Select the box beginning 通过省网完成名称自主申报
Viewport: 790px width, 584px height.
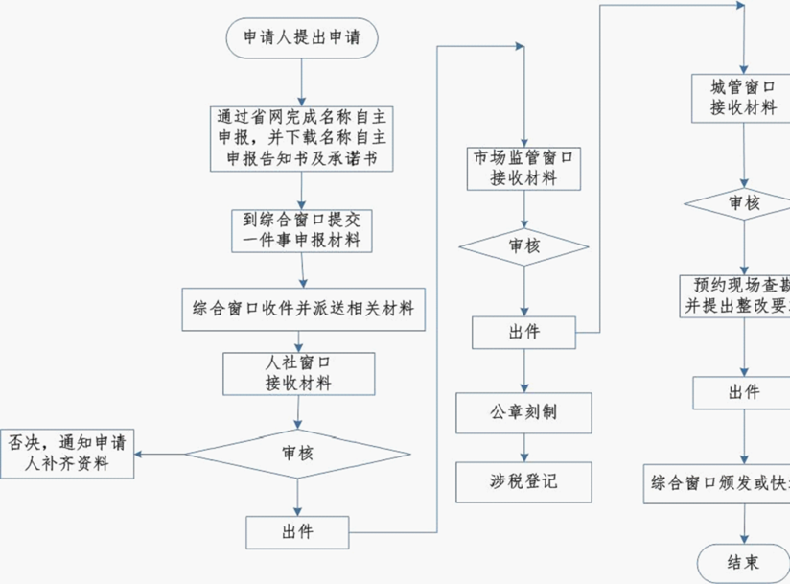pyautogui.click(x=302, y=138)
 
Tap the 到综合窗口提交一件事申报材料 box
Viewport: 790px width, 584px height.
pyautogui.click(x=302, y=230)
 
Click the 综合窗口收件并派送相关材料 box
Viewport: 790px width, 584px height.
pyautogui.click(x=302, y=309)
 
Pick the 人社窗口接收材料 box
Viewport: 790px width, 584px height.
pyautogui.click(x=298, y=373)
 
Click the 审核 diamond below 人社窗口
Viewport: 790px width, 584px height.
pyautogui.click(x=297, y=453)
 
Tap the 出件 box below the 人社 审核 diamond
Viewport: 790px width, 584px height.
pyautogui.click(x=297, y=530)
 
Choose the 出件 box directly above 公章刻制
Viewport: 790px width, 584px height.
pyautogui.click(x=523, y=333)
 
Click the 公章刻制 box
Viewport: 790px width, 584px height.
pyautogui.click(x=523, y=412)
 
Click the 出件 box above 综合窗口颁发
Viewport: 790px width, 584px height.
pyautogui.click(x=744, y=392)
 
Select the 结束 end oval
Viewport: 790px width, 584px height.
pyautogui.click(x=744, y=561)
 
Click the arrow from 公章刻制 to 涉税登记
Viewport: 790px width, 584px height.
pyautogui.click(x=523, y=447)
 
